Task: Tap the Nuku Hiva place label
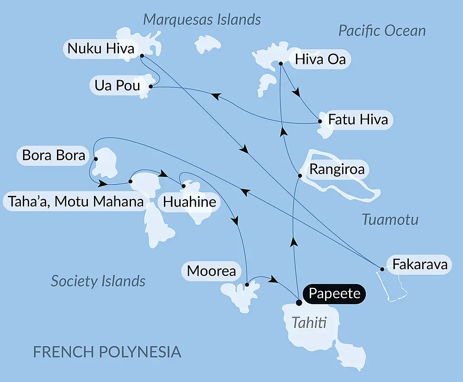click(101, 48)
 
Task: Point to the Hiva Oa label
click(320, 59)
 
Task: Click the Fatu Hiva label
click(357, 119)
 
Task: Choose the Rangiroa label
click(337, 169)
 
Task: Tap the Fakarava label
click(419, 265)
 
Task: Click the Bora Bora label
click(54, 155)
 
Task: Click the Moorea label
click(212, 271)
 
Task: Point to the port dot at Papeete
click(299, 303)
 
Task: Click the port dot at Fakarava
click(382, 269)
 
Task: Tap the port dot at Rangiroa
click(300, 175)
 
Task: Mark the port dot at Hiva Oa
click(281, 63)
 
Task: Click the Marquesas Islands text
click(202, 19)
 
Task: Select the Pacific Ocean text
click(382, 31)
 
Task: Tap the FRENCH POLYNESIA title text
click(107, 351)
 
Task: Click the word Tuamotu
click(390, 219)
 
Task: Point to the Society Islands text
click(98, 281)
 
